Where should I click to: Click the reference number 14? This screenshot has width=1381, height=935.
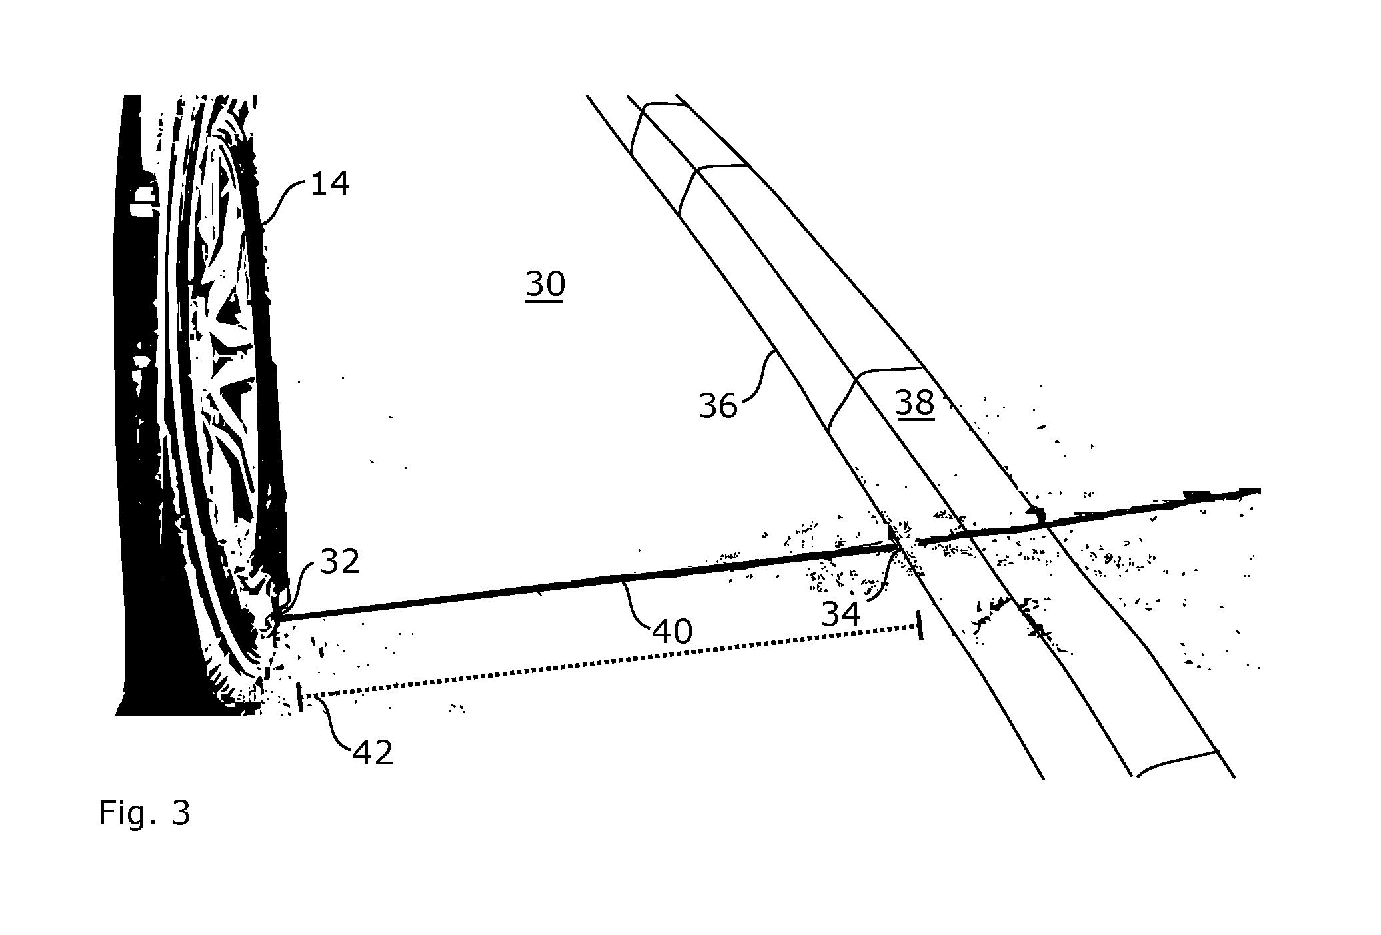[x=330, y=183]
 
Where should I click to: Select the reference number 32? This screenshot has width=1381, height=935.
[x=341, y=562]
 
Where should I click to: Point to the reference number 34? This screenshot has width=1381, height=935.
[x=842, y=614]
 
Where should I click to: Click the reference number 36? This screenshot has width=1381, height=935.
[x=718, y=405]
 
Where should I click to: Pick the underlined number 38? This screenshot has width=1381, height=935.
[x=915, y=403]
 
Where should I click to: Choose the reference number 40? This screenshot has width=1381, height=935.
[x=673, y=630]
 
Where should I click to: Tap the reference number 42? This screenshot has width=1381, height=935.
[x=373, y=752]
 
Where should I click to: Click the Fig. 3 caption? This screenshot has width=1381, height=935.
[x=145, y=813]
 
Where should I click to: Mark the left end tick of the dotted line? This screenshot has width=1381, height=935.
[x=300, y=697]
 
